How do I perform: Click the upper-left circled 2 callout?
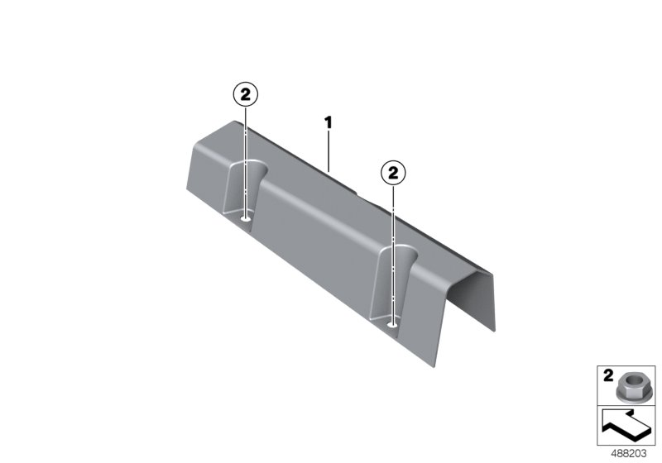click(245, 95)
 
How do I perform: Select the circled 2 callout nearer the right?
click(393, 173)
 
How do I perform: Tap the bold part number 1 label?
click(328, 123)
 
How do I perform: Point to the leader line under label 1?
click(328, 150)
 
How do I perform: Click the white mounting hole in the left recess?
click(245, 218)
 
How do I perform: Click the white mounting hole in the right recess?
click(392, 324)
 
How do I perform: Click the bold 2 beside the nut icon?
click(608, 375)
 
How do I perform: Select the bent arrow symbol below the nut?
click(626, 426)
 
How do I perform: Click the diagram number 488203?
click(629, 454)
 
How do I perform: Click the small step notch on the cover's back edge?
click(357, 193)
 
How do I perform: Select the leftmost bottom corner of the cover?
click(187, 189)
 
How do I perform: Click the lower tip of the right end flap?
click(495, 331)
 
